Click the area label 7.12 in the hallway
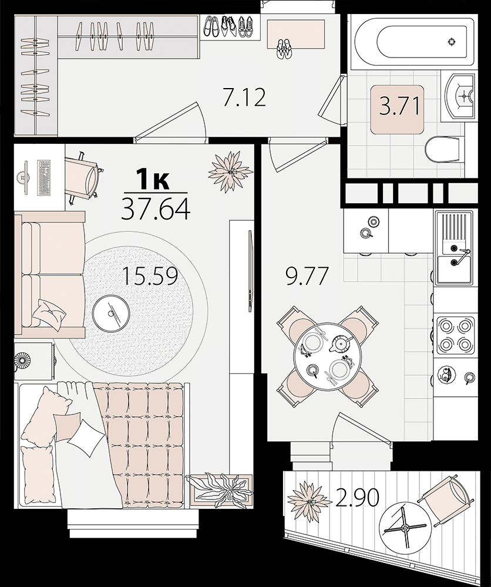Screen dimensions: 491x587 click(x=244, y=97)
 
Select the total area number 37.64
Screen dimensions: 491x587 click(x=156, y=210)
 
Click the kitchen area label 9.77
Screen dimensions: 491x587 click(x=307, y=276)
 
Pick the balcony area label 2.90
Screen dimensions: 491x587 click(x=357, y=498)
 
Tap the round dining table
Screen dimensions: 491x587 click(x=328, y=356)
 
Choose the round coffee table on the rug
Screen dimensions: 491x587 click(x=111, y=311)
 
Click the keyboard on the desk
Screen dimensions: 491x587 click(x=44, y=177)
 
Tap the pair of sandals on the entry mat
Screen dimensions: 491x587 click(x=285, y=48)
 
